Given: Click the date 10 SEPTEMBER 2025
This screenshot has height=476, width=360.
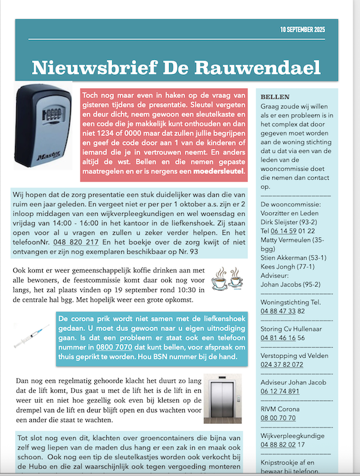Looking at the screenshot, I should pyautogui.click(x=311, y=29).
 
